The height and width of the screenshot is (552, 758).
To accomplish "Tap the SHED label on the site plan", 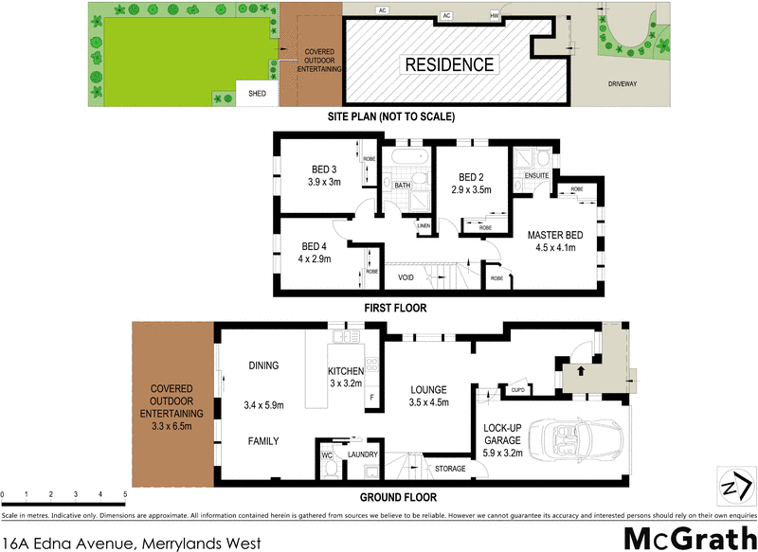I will click(x=258, y=94).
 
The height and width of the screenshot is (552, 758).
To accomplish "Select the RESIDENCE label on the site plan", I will click(x=450, y=64).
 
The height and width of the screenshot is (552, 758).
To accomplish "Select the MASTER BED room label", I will click(x=555, y=236).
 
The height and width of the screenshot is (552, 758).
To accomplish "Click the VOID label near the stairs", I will click(x=407, y=277).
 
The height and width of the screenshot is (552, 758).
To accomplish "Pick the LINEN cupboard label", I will click(x=424, y=224).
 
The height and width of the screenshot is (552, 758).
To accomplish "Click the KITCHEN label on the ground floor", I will click(x=346, y=371).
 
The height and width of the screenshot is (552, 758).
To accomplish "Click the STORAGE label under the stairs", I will click(x=450, y=468).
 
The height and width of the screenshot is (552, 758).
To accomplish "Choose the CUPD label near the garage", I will click(x=517, y=389).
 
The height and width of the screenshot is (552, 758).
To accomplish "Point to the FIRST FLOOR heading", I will click(x=396, y=308).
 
